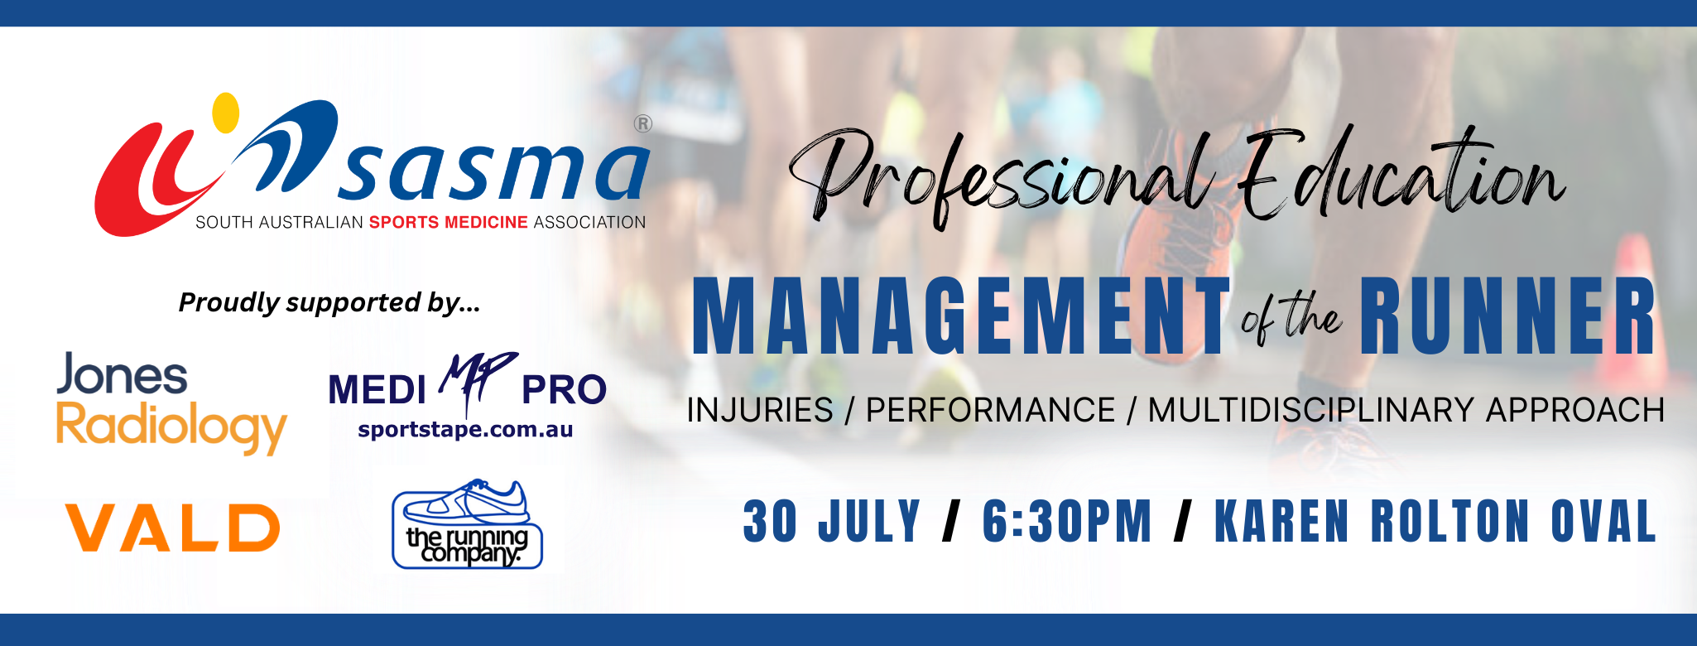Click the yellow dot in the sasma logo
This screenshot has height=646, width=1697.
(225, 112)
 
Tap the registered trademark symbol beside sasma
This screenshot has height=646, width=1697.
(642, 124)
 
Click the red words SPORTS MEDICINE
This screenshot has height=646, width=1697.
(448, 222)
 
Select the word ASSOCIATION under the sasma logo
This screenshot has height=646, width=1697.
(589, 222)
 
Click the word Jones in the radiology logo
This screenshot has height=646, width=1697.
(123, 374)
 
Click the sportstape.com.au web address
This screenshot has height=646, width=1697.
(465, 430)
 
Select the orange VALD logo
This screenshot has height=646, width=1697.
(173, 528)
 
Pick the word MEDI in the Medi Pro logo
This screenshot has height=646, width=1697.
(377, 390)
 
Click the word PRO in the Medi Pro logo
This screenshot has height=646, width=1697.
(564, 390)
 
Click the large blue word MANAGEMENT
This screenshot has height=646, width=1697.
(961, 316)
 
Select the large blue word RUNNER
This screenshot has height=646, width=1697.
(1507, 316)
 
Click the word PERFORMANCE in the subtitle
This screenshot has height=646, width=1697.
(990, 410)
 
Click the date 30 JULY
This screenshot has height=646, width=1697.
(832, 521)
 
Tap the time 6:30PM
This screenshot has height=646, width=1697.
(1067, 521)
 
